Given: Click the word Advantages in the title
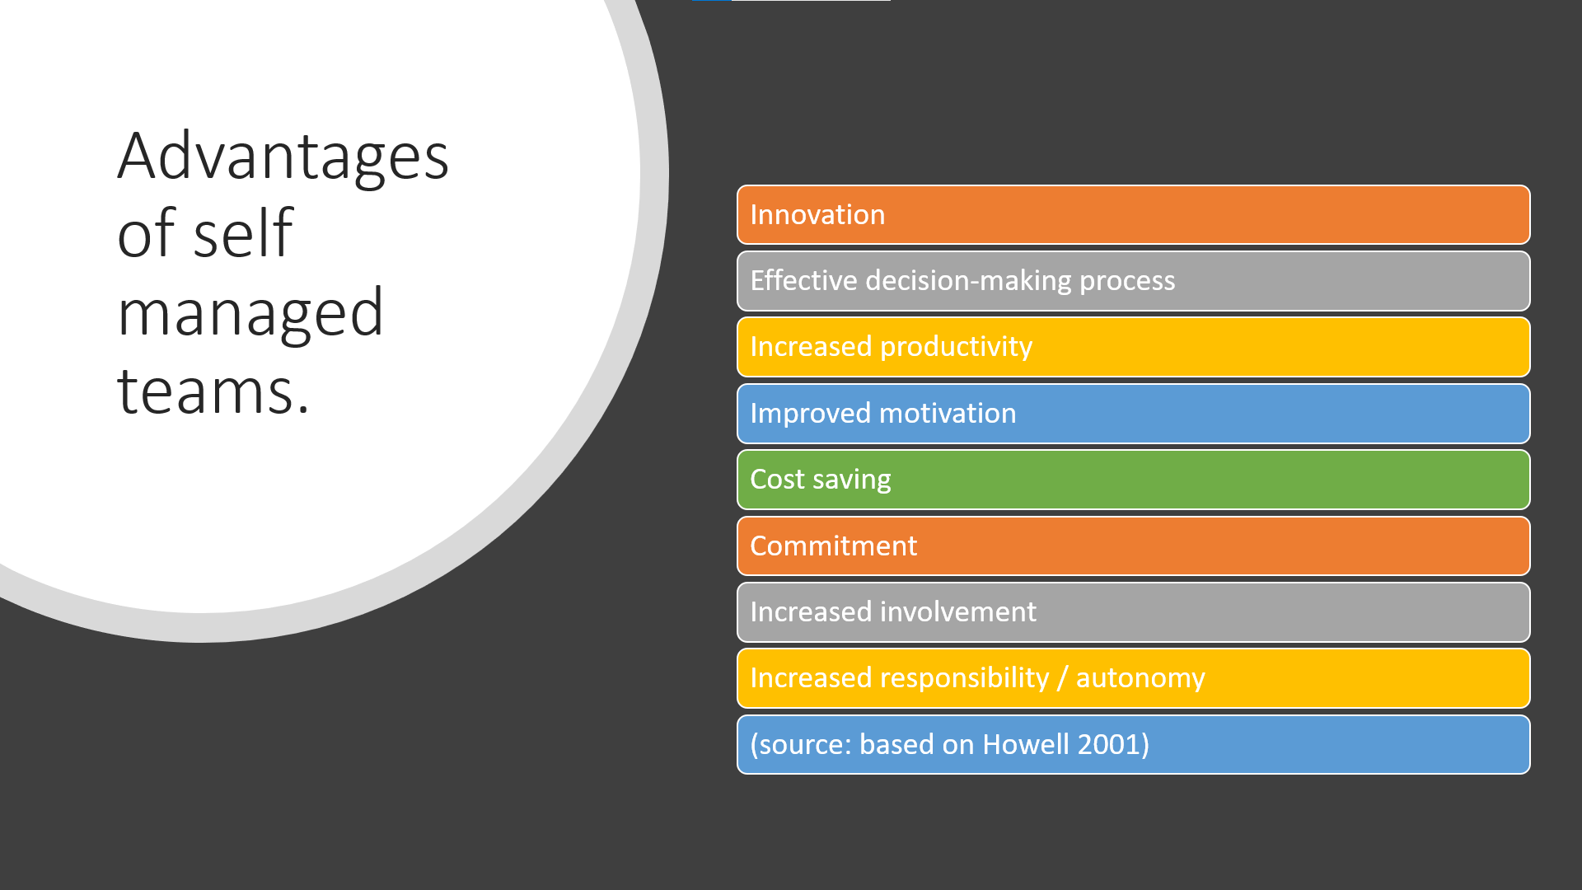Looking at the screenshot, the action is point(283,157).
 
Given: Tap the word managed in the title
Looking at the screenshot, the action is point(250,315).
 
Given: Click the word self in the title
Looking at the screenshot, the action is point(243,233).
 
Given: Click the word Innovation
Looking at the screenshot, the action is point(817,215).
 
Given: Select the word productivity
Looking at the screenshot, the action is point(956,348).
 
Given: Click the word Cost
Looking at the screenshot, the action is point(777,480).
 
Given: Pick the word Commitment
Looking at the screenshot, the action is point(834,546).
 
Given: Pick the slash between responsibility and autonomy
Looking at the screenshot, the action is point(1063,678).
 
